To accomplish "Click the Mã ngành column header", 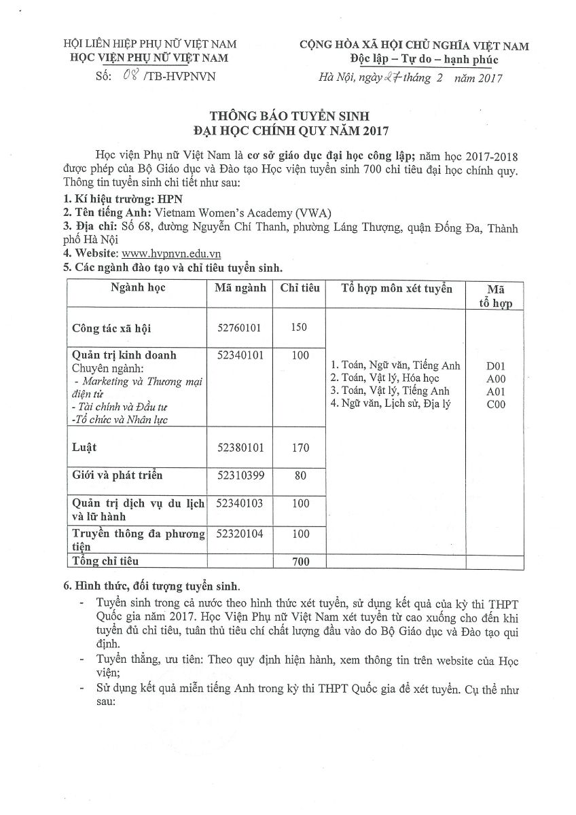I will coord(240,288).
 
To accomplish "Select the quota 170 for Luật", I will coord(300,448).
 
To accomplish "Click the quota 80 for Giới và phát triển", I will coord(300,475).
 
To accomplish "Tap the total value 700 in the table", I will coord(300,562).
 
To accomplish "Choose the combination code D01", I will coord(496,365).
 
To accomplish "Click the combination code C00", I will coord(496,404).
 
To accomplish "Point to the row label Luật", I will coord(84,447).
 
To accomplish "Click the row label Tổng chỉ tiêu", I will coord(105,561).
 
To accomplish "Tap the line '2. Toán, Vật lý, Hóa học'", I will coord(384,378).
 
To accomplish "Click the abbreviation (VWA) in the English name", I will coord(312,213).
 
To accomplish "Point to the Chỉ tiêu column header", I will coord(300,288).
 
